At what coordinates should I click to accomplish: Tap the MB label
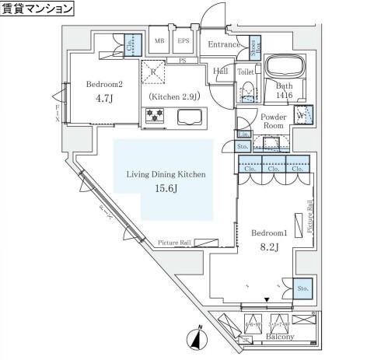(x=159, y=41)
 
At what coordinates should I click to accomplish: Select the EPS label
(x=183, y=41)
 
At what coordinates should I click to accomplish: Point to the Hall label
(x=221, y=72)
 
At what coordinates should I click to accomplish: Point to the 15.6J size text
(x=166, y=189)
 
